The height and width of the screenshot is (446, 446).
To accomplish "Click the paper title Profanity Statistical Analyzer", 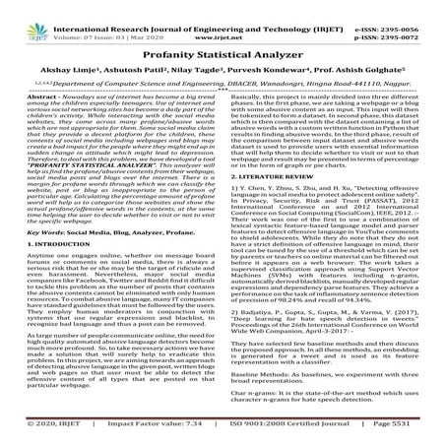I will click(x=223, y=60).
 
